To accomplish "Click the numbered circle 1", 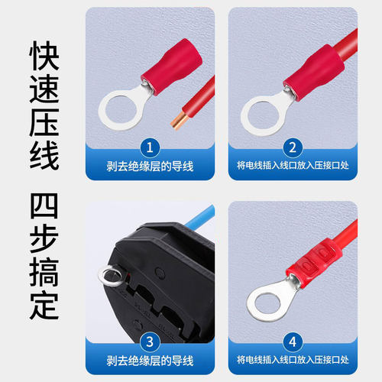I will [150, 146].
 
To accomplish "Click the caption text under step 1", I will [150, 167].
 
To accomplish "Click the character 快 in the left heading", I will [44, 57].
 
